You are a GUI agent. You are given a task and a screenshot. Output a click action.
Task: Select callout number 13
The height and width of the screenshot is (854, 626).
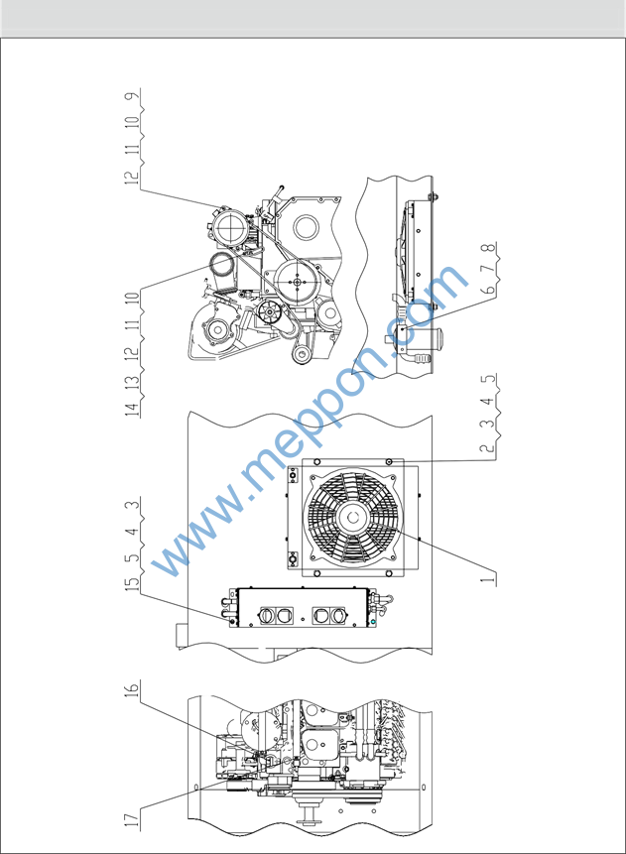[x=132, y=380]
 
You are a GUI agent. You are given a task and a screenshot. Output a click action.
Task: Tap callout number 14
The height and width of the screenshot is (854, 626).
[x=132, y=409]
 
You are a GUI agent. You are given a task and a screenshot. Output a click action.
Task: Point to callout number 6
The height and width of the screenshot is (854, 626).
[x=489, y=289]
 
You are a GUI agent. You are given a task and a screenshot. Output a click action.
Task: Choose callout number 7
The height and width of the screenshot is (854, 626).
[x=489, y=268]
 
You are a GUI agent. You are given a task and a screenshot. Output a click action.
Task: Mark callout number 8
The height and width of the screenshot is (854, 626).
[x=489, y=248]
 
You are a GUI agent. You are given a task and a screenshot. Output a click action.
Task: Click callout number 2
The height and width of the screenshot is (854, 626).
[x=488, y=448]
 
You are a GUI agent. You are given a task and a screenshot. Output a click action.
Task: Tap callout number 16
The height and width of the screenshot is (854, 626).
[x=132, y=688]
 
